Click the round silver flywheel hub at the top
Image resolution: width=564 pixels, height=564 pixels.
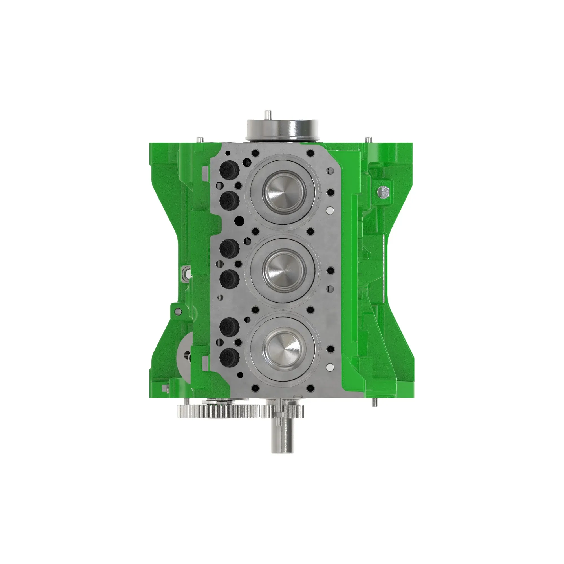pos(283,130)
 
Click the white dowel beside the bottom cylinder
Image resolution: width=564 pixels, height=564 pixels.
pos(331,367)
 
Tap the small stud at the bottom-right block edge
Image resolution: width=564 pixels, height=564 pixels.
pos(375,403)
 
